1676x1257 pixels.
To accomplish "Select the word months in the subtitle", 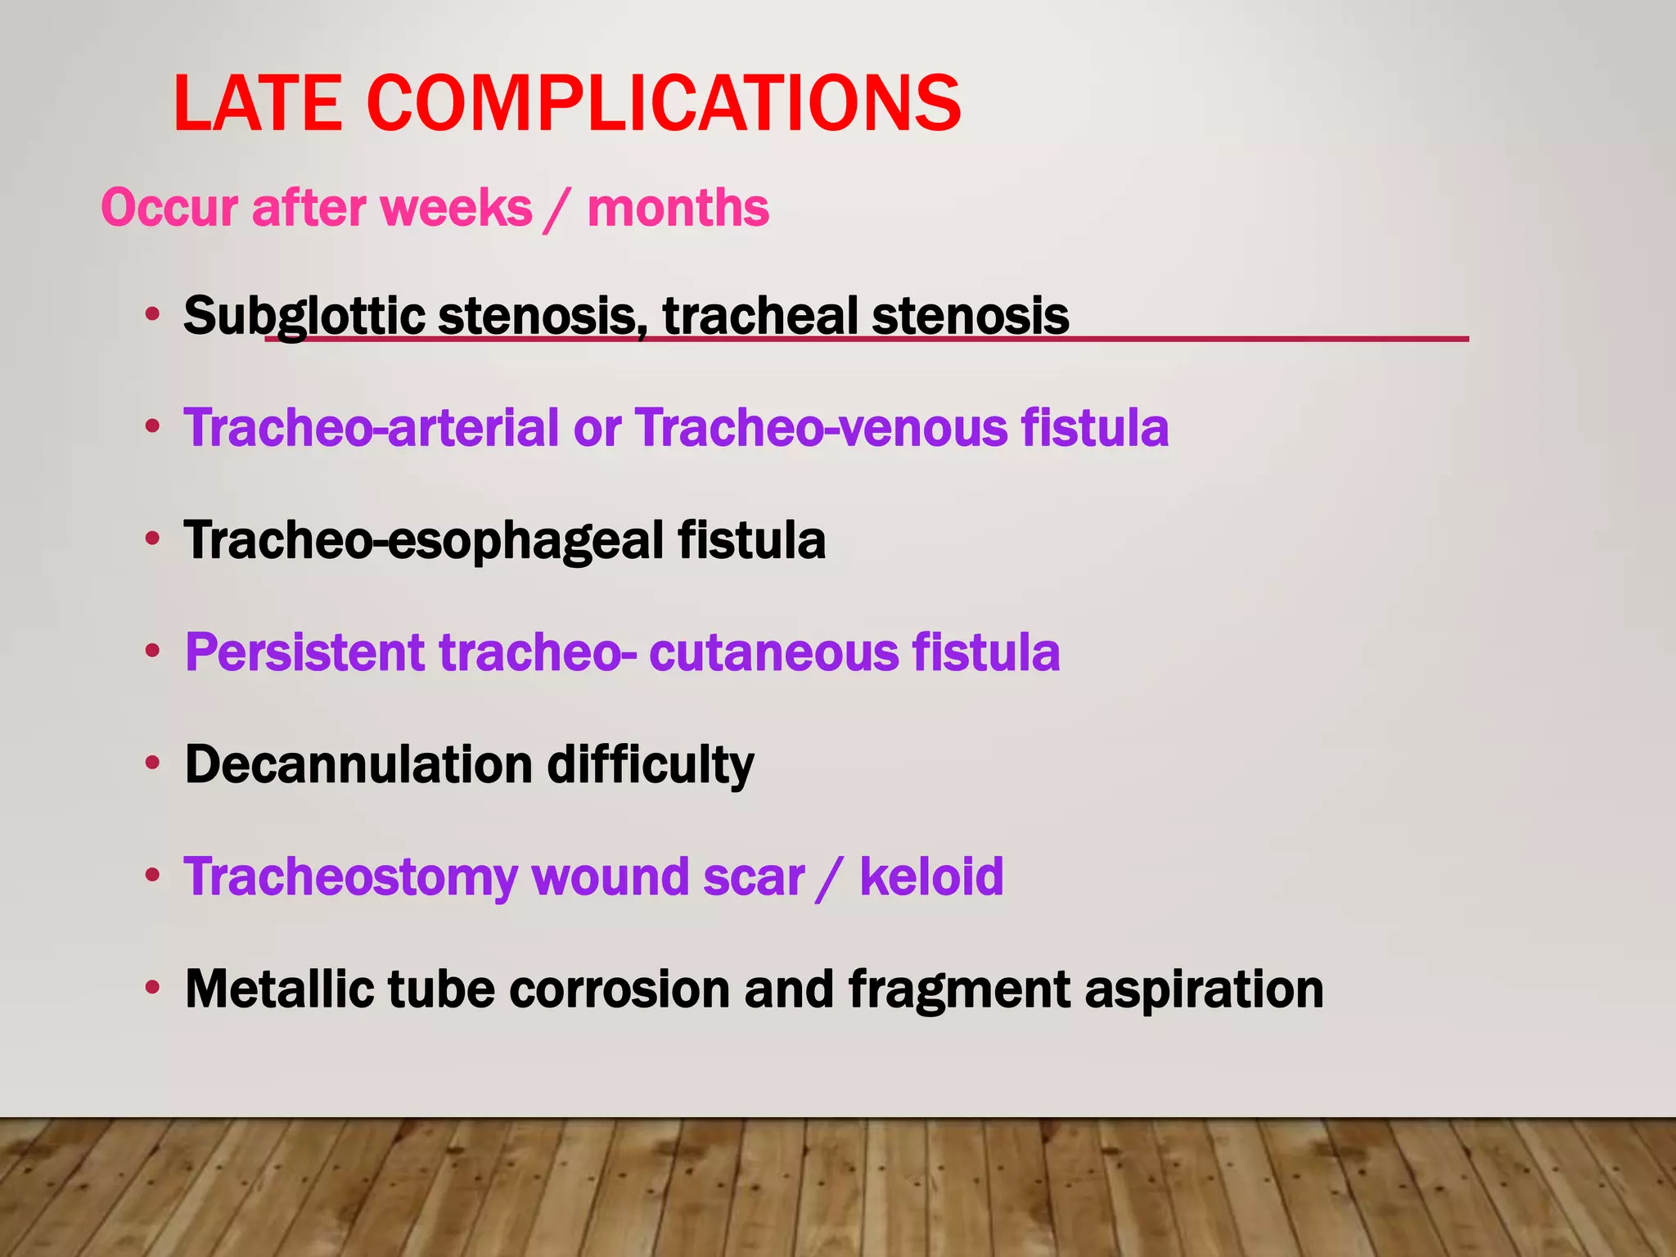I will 678,208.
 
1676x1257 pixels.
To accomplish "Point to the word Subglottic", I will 304,316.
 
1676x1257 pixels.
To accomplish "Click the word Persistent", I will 305,652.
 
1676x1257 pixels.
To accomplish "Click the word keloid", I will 931,876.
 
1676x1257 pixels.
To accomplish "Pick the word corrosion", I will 619,989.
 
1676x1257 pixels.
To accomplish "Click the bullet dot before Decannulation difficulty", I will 151,764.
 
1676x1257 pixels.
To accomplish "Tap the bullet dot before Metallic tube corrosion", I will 151,988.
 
